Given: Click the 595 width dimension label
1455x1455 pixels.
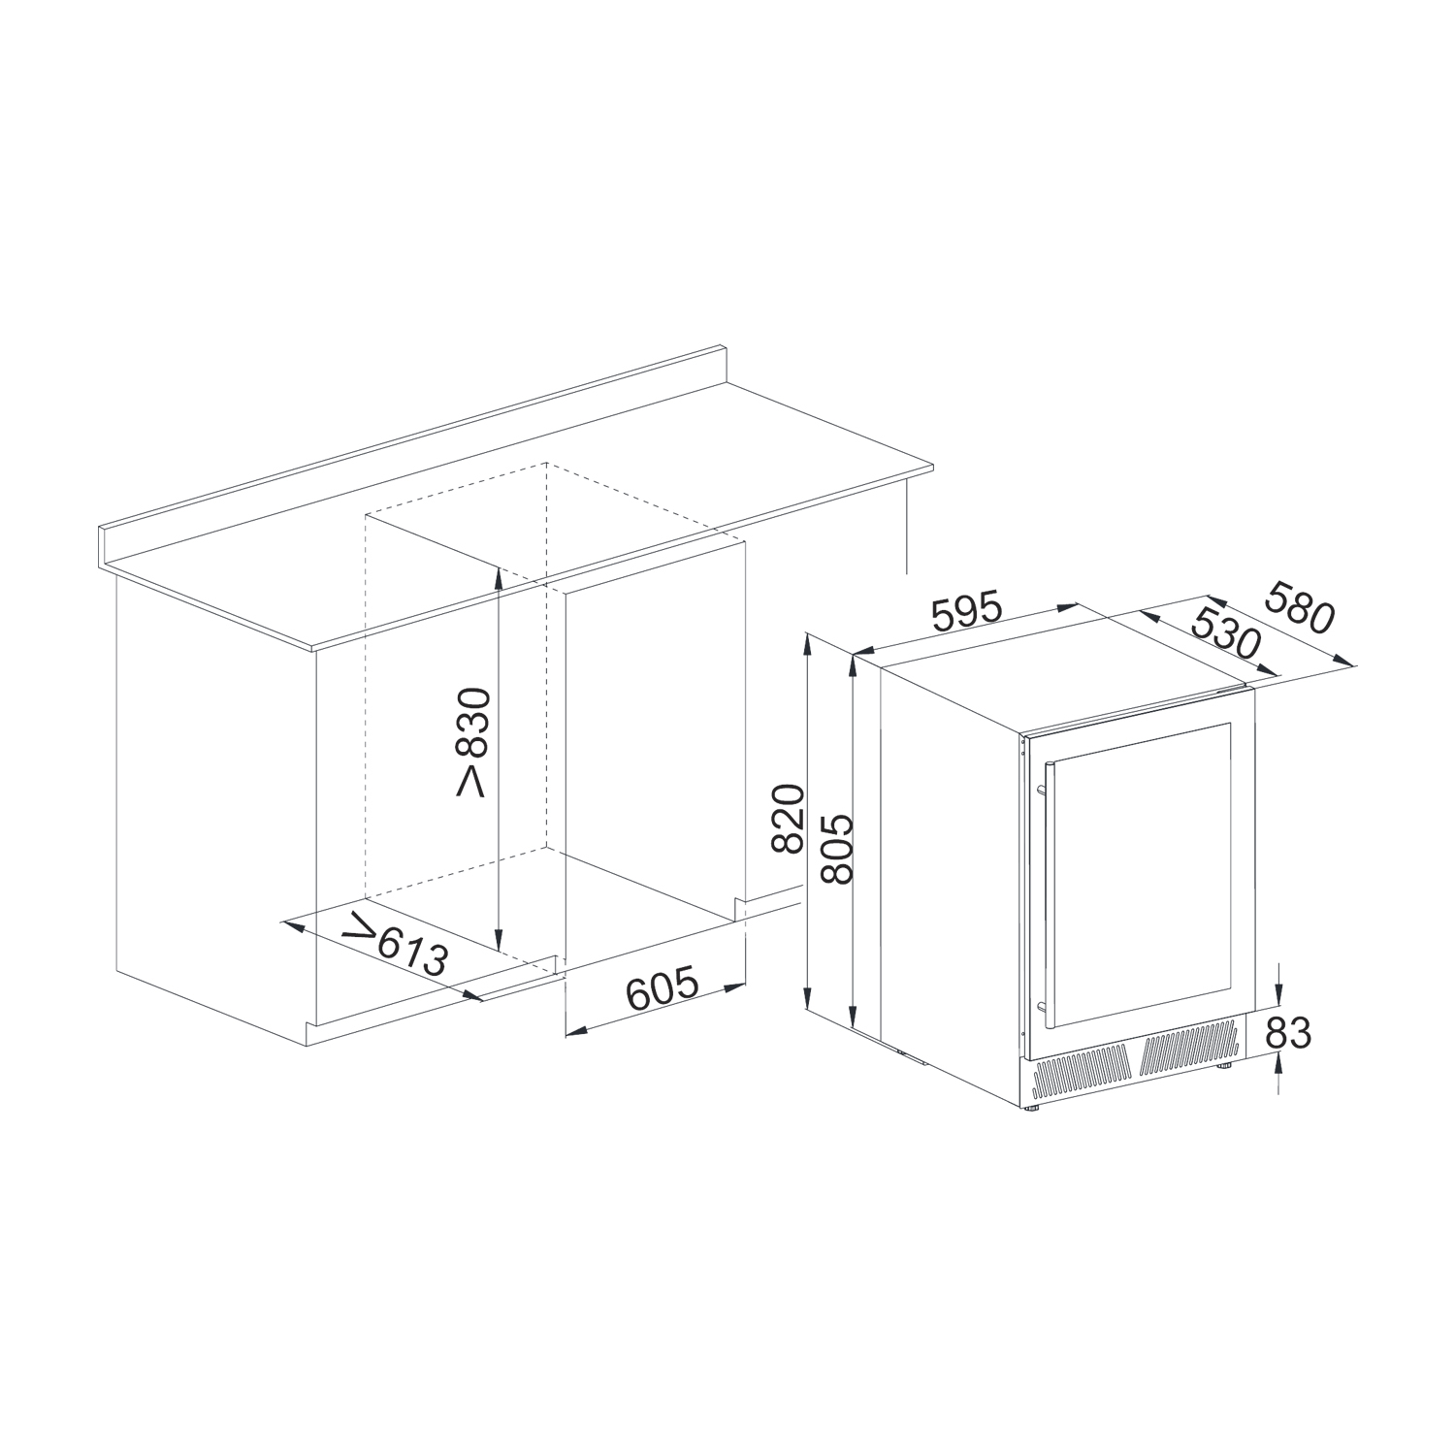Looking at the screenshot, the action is [965, 611].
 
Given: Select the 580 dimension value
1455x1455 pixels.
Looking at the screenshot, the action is [1301, 607].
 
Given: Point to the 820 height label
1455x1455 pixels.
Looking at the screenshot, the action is [790, 819].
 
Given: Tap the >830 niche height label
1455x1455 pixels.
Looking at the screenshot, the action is [474, 741].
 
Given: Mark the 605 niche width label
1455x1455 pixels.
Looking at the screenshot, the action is [663, 986].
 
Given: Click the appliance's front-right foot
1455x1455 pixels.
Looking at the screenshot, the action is [1227, 1065].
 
